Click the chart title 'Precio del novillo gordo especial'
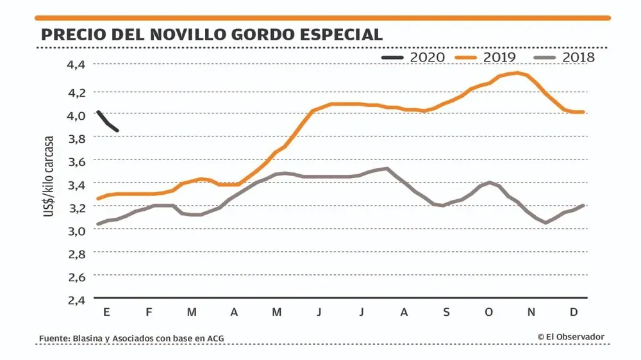tap(212, 34)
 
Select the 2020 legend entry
tap(413, 58)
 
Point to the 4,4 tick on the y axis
tap(76, 64)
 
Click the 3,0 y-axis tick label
tap(76, 231)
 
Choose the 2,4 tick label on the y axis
tap(76, 299)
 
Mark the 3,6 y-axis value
tap(76, 161)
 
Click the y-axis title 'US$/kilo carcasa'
tap(49, 176)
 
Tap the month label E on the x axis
tap(106, 312)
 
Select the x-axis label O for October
tap(489, 312)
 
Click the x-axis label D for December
tap(574, 312)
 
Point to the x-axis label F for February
tap(149, 312)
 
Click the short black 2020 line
tap(108, 122)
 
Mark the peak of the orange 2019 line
tap(517, 73)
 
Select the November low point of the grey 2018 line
tap(545, 223)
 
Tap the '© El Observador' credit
tap(570, 336)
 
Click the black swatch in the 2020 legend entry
tap(392, 58)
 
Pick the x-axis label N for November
tap(531, 312)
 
